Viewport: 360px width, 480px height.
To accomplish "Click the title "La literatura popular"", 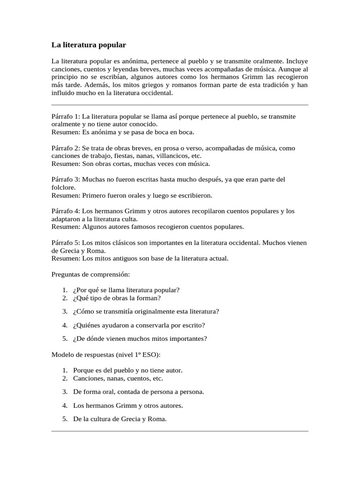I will (89, 45).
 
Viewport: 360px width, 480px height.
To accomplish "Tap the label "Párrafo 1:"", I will (66, 116).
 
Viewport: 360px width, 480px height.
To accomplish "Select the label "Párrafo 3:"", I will (66, 180).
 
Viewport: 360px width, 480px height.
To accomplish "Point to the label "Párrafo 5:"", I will (66, 243).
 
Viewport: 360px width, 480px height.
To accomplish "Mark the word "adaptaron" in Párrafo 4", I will (66, 219).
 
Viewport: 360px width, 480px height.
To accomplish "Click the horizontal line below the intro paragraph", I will (180, 105).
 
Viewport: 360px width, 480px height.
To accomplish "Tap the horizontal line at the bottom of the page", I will (180, 431).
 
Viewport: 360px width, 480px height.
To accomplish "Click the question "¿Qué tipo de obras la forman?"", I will (117, 298).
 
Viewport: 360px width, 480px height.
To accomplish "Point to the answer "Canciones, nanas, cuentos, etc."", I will (118, 378).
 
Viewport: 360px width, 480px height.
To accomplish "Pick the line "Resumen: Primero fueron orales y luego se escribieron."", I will (132, 195).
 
